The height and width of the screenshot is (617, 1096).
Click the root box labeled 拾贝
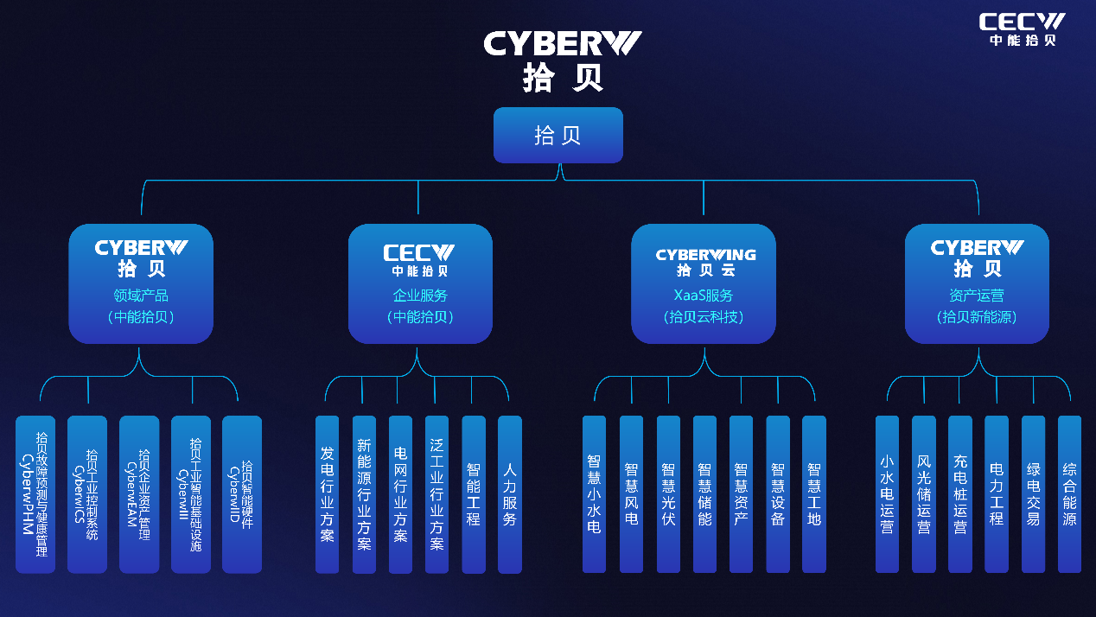(x=558, y=135)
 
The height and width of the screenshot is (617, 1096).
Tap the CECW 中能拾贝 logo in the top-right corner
(x=1022, y=29)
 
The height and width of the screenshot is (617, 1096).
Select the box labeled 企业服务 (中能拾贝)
(x=420, y=283)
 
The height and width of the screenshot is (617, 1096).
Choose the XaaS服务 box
(x=704, y=283)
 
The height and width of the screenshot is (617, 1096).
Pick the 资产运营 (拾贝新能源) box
(x=977, y=283)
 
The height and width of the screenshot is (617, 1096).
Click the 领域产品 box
(x=141, y=283)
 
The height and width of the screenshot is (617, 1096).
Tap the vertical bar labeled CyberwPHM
(x=35, y=494)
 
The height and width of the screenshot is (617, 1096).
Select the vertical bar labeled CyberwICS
(x=86, y=494)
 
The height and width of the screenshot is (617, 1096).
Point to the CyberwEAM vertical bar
(x=138, y=494)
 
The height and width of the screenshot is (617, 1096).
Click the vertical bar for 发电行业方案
(x=327, y=494)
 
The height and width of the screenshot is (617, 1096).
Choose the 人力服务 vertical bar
(x=510, y=494)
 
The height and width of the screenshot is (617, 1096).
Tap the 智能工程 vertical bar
(x=474, y=494)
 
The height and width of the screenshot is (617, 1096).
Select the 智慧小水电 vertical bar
(x=594, y=494)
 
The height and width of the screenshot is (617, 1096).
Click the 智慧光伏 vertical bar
(x=668, y=494)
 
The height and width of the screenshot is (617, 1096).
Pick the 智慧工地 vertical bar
(x=814, y=494)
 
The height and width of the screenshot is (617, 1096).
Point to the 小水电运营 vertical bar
(x=887, y=494)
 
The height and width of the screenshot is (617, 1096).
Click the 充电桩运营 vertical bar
(x=960, y=494)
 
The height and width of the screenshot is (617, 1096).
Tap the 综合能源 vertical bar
(x=1069, y=494)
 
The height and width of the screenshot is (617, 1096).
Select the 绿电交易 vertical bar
(x=1033, y=494)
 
